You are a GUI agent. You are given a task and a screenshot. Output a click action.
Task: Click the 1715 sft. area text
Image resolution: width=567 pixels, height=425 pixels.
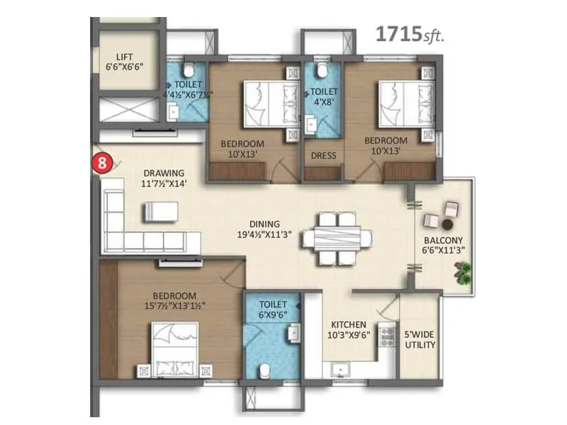tap(409, 35)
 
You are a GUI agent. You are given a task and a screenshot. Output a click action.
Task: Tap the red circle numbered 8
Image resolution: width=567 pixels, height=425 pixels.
tap(103, 161)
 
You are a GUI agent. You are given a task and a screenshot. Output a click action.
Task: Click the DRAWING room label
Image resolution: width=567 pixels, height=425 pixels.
tap(164, 173)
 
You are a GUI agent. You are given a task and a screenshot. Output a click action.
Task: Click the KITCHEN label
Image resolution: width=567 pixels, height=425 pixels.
tap(348, 324)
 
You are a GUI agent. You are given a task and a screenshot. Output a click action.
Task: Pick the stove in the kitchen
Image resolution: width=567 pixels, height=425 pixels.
tap(387, 336)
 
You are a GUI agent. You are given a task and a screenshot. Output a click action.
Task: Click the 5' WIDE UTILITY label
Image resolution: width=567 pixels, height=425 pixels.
tap(420, 339)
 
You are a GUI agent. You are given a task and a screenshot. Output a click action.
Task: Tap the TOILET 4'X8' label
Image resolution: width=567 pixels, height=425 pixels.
tap(323, 96)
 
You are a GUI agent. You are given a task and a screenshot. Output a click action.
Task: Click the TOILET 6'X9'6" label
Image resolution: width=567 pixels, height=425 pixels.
tap(272, 309)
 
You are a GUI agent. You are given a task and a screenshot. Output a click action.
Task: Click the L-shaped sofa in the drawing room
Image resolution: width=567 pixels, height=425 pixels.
tap(142, 227)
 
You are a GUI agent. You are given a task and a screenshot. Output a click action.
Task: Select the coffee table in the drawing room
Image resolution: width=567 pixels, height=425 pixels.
tap(163, 212)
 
